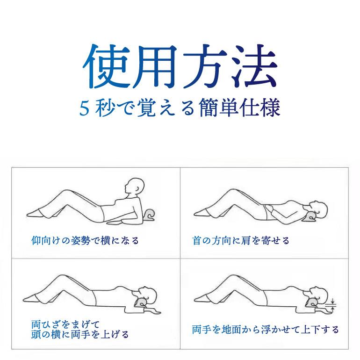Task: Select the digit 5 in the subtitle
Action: (x=84, y=109)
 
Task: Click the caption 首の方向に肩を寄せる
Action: (x=241, y=241)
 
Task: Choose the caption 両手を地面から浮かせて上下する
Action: (x=265, y=330)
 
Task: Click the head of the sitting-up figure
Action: (x=135, y=187)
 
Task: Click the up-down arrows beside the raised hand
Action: (x=332, y=304)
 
